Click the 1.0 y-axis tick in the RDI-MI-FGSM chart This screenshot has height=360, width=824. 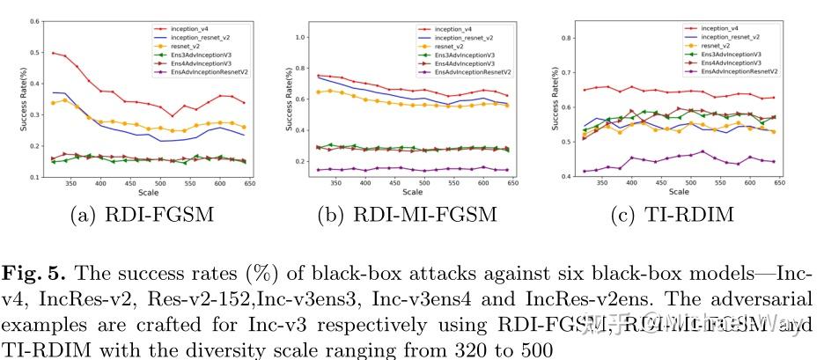click(x=298, y=37)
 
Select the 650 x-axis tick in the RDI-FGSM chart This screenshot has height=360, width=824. click(x=249, y=183)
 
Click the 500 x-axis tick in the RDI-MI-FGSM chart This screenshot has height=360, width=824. click(x=423, y=183)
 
